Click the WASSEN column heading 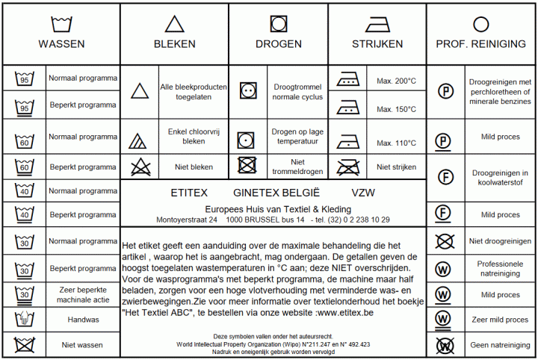(x=61, y=44)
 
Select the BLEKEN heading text (x=175, y=44)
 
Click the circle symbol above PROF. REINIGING (x=481, y=24)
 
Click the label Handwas (x=83, y=320)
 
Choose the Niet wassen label (x=83, y=345)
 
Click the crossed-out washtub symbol (x=25, y=345)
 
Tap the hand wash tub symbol (x=25, y=320)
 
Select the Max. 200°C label (x=396, y=81)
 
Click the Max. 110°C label (x=396, y=143)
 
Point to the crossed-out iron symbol (x=347, y=167)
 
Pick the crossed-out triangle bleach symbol (x=139, y=167)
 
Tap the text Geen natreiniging (x=500, y=345)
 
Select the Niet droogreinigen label (x=500, y=241)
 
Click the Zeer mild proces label (x=500, y=320)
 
